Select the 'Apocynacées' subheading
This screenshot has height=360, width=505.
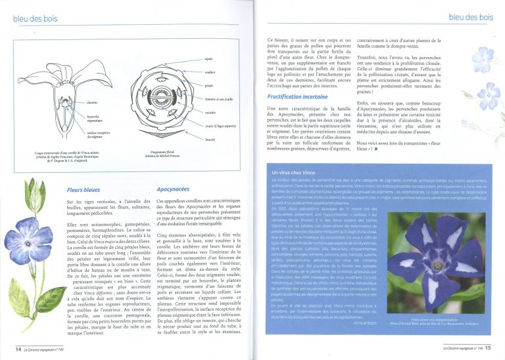point(174,189)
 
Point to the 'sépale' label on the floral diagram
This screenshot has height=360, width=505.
point(208,59)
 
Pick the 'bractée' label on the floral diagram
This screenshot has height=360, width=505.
point(211,139)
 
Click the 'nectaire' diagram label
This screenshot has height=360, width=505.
point(211,112)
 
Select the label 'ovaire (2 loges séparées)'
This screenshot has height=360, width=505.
point(221,125)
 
